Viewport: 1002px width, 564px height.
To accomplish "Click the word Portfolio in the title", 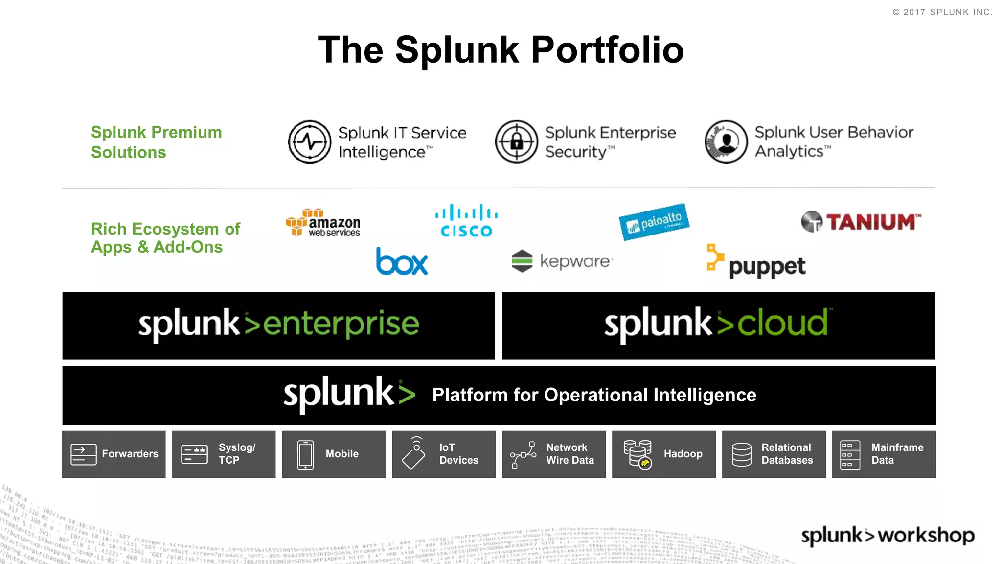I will (607, 50).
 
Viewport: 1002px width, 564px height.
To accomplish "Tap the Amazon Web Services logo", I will (323, 223).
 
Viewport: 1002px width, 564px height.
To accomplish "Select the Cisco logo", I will (466, 221).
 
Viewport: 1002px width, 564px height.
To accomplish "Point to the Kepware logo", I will (562, 261).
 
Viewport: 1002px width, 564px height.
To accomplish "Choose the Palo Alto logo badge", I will (654, 222).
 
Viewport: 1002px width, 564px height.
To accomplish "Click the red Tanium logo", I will (861, 222).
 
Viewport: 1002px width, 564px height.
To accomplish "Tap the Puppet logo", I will (756, 262).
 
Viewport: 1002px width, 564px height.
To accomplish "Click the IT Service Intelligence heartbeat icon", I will (309, 142).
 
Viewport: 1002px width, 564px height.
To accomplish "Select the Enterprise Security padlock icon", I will (516, 142).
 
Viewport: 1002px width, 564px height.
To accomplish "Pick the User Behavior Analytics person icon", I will (726, 142).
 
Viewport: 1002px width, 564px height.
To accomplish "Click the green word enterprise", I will (341, 324).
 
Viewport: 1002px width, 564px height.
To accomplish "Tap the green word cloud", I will (782, 324).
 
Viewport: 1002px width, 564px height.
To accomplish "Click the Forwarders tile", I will (114, 454).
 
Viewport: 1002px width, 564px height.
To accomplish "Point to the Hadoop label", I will (683, 454).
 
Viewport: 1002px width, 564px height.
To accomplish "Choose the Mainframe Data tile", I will (884, 454).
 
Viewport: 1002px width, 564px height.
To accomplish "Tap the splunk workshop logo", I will (888, 536).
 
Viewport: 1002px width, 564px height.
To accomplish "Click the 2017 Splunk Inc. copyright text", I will (943, 12).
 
